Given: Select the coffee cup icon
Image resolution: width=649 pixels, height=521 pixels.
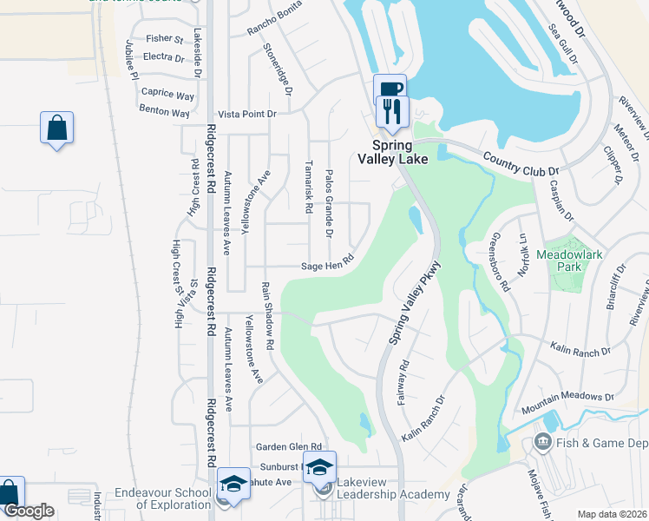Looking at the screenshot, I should pos(389,89).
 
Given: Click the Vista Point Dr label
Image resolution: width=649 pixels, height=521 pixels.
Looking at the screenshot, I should pos(246,114).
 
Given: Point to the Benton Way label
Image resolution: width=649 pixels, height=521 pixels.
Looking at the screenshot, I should pos(165,112).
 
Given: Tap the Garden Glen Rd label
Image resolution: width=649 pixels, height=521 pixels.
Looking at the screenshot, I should pos(289,446).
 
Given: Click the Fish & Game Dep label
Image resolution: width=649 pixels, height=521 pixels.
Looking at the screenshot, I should pos(599,443).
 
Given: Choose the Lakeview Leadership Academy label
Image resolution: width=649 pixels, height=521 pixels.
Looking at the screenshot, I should pos(393,488).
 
